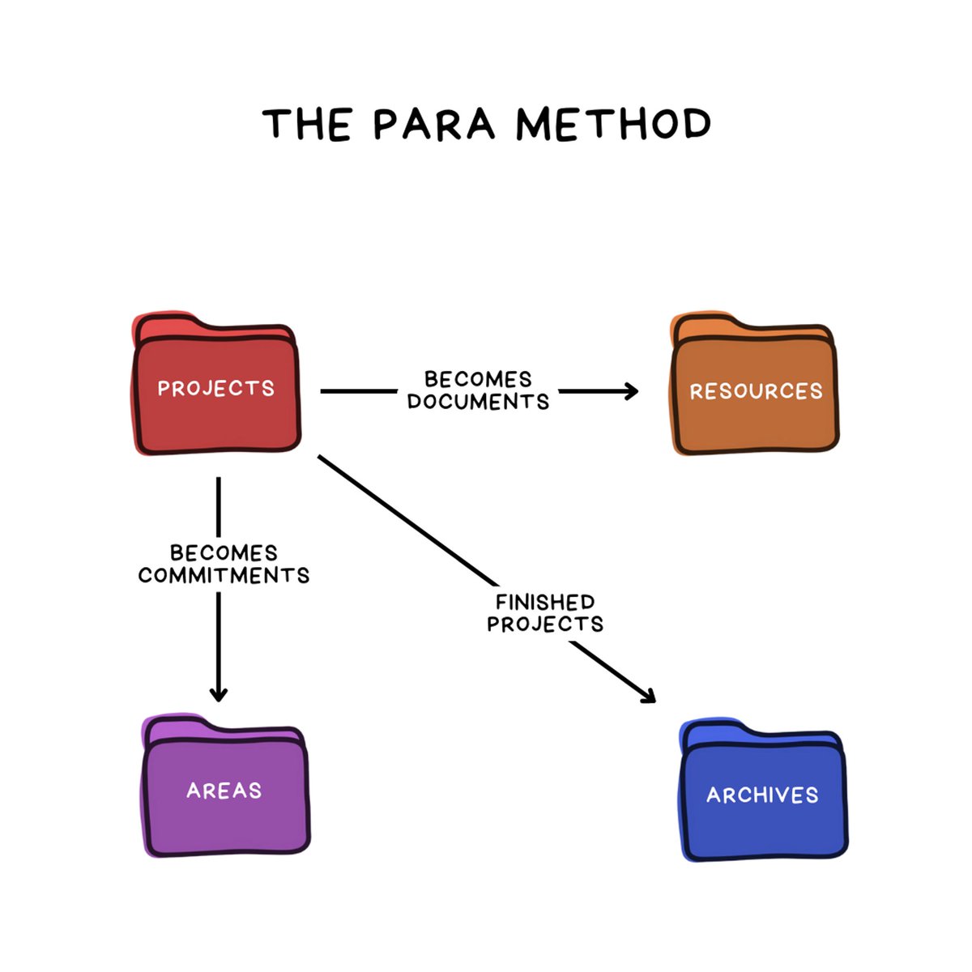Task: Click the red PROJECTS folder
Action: coord(216,389)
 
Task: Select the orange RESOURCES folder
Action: coord(755,391)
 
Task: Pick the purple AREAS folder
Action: coord(225,790)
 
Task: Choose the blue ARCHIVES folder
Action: coord(762,795)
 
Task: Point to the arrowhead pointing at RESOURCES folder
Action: coord(630,392)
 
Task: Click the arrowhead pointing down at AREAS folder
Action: coord(219,693)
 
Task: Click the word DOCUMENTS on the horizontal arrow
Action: coord(478,402)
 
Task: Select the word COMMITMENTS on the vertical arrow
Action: coord(224,576)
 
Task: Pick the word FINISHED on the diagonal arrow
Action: coord(545,603)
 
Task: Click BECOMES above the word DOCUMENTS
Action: coord(478,379)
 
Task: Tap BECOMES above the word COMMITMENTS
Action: coord(224,553)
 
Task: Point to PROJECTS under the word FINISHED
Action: coord(545,625)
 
